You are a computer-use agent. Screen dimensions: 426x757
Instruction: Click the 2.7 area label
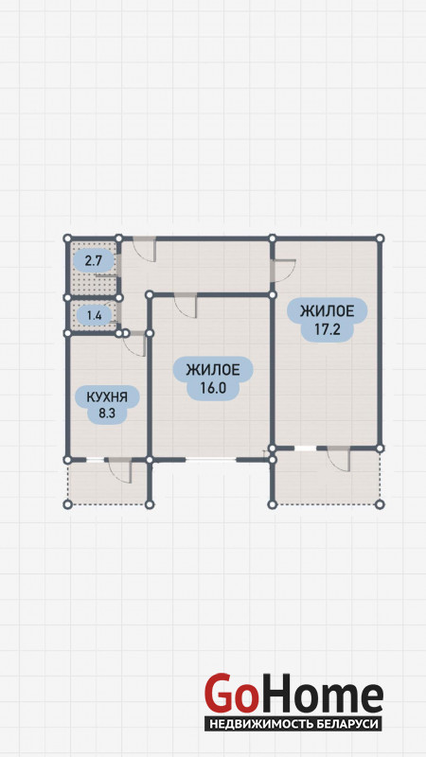93,261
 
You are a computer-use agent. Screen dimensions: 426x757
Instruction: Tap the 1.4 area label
93,316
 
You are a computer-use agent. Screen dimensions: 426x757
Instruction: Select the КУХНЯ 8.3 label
107,405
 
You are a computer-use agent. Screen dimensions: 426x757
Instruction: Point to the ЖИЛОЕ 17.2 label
327,319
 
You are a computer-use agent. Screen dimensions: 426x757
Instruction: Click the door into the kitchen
134,343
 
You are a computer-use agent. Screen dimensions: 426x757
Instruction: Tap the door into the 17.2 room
283,271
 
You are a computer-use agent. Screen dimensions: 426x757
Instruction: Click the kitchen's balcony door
119,469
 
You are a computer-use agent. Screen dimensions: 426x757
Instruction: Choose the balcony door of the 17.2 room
338,459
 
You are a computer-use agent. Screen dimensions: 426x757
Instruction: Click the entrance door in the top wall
145,249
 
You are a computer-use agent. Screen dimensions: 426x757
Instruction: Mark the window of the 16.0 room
210,460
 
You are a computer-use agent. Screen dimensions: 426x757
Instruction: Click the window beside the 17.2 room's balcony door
305,449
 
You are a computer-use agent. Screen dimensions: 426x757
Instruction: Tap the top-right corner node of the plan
380,238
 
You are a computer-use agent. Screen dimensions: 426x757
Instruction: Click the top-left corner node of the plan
67,238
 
